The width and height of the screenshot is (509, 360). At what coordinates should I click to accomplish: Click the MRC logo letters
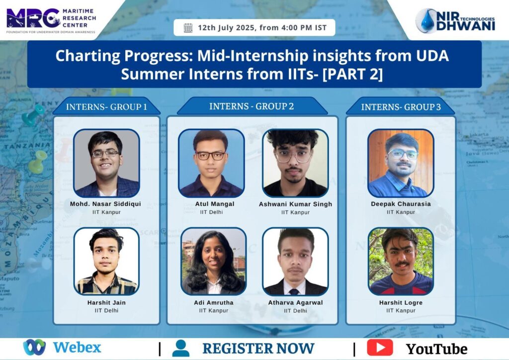pos(33,18)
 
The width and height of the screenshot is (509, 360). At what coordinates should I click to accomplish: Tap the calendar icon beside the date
pos(188,28)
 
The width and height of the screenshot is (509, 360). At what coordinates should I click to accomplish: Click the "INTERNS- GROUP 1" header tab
pos(106,106)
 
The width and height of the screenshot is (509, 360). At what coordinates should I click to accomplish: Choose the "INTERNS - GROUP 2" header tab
pos(252,106)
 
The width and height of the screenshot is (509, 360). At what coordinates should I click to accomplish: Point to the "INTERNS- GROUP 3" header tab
pos(401,106)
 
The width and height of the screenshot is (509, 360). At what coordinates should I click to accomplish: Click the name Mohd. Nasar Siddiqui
pos(105,204)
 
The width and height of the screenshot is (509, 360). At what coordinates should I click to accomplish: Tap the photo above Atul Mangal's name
pos(211,163)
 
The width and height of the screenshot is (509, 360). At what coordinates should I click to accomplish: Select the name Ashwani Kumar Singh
pos(295,204)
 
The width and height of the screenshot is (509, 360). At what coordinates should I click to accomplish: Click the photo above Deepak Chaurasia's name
pos(401,163)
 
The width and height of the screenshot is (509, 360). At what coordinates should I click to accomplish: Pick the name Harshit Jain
pos(106,302)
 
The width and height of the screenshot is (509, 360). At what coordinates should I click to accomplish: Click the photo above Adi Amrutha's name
pos(214,262)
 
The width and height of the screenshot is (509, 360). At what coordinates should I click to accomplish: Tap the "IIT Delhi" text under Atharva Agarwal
pos(295,311)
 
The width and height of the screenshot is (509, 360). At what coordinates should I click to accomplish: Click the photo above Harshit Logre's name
pos(401,262)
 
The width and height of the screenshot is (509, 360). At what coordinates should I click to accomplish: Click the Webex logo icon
pos(34,347)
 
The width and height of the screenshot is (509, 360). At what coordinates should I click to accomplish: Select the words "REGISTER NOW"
pos(258,348)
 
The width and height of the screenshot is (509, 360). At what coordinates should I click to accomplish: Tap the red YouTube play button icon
pos(380,348)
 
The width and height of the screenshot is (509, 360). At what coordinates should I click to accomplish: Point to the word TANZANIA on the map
pos(27,146)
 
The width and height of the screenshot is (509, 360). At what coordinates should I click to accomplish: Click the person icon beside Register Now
pos(181,348)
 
